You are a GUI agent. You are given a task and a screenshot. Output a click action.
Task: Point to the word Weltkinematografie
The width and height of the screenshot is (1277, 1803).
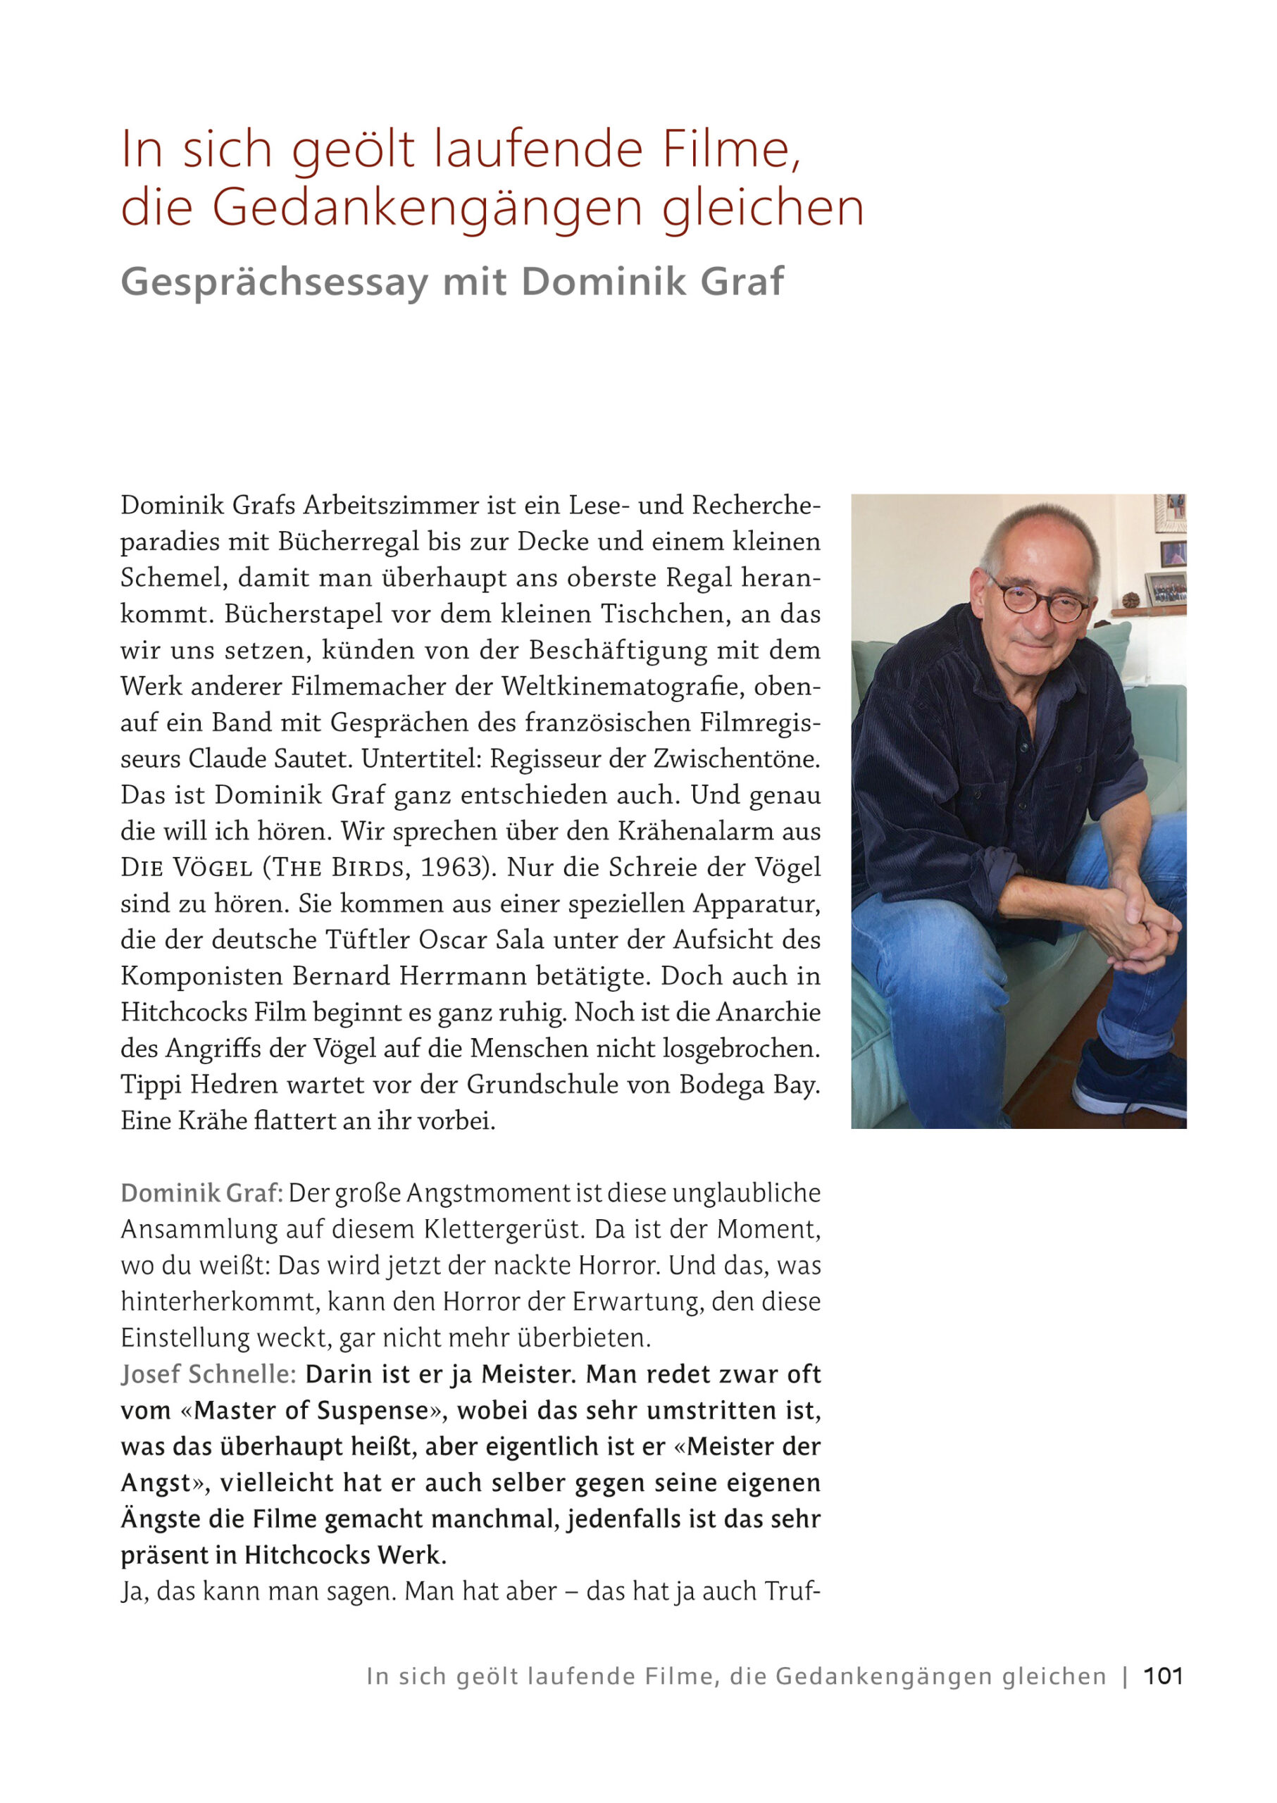coord(623,687)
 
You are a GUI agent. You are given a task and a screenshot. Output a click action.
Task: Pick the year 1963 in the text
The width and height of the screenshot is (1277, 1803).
coord(451,867)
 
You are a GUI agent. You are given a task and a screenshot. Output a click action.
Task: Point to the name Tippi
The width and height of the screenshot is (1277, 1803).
coord(150,1085)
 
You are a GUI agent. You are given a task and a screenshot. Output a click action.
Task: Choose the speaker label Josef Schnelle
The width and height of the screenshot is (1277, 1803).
coord(208,1373)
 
